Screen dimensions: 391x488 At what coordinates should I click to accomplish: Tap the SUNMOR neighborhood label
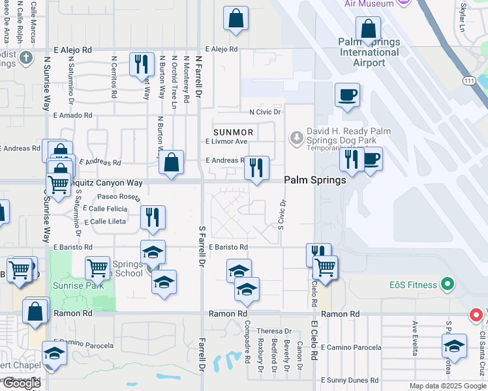pyautogui.click(x=229, y=132)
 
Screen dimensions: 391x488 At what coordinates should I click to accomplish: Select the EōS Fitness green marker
pyautogui.click(x=447, y=284)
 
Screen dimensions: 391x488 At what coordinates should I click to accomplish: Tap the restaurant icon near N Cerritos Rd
pyautogui.click(x=142, y=65)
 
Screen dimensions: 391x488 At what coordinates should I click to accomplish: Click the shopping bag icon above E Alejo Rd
pyautogui.click(x=236, y=19)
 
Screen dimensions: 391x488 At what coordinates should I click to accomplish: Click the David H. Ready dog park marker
pyautogui.click(x=296, y=137)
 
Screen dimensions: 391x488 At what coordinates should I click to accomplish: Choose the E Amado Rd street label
pyautogui.click(x=72, y=115)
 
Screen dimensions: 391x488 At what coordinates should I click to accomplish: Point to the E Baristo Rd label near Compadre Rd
pyautogui.click(x=228, y=248)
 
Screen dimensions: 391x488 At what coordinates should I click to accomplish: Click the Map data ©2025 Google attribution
pyautogui.click(x=448, y=386)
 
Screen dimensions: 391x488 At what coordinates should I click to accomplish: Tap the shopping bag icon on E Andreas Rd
pyautogui.click(x=171, y=164)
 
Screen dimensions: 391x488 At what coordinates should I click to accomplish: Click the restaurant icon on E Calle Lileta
pyautogui.click(x=153, y=218)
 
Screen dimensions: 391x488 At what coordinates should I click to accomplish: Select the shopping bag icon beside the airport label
pyautogui.click(x=369, y=29)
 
